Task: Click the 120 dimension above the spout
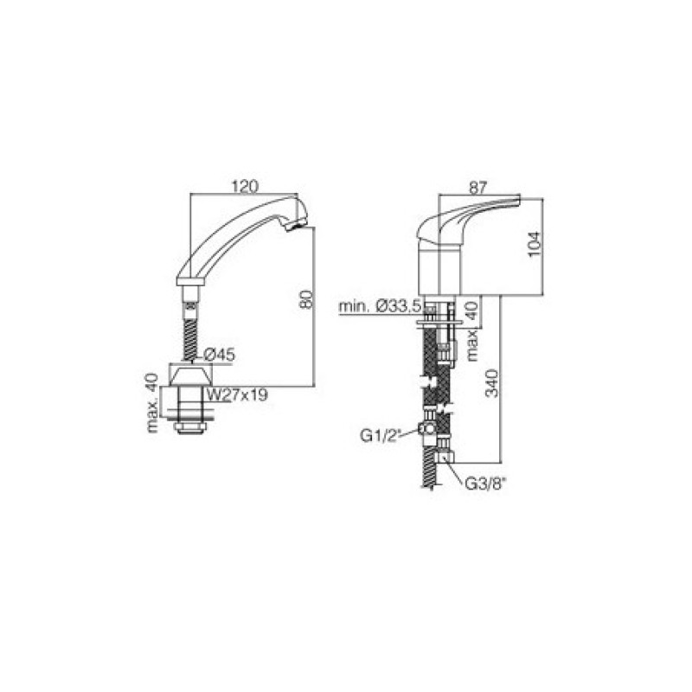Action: click(245, 186)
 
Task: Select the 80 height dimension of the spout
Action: click(307, 298)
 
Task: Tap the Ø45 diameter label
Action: click(220, 355)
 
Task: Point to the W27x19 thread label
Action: click(237, 394)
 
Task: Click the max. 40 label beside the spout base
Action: click(152, 403)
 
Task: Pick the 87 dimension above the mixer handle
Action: click(477, 188)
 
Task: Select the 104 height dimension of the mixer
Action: click(535, 244)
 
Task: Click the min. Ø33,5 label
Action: click(381, 306)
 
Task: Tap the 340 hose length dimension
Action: click(492, 383)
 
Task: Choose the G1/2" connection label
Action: click(380, 436)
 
